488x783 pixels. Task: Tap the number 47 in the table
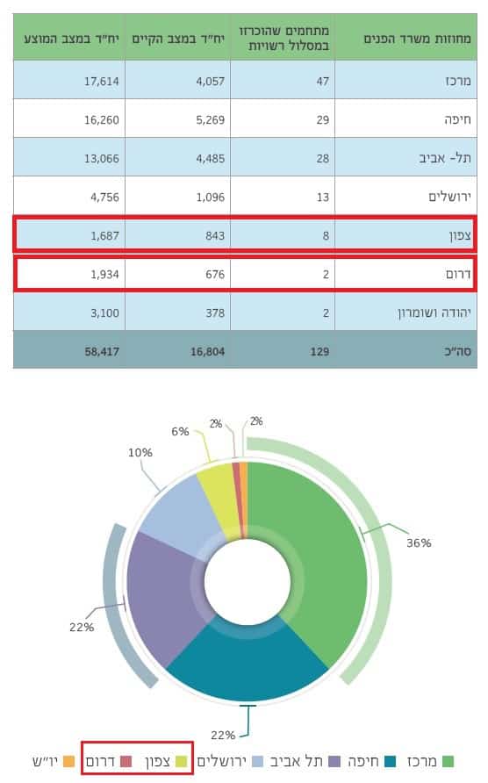323,81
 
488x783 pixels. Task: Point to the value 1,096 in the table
211,198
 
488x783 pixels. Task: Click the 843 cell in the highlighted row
215,236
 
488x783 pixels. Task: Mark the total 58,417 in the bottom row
102,351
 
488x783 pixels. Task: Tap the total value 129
319,351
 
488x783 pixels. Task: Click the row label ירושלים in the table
449,198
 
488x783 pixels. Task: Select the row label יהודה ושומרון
434,313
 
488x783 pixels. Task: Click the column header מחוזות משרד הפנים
417,39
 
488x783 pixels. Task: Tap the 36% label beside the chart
419,542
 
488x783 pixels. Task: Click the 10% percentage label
140,452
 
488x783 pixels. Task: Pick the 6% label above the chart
180,432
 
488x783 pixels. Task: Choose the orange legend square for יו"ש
68,762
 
